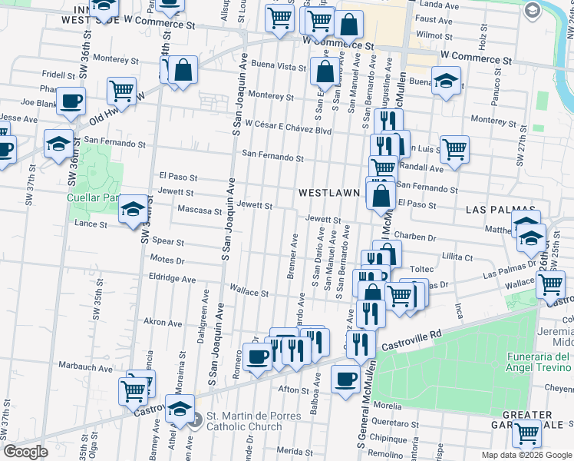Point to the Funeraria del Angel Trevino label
click(x=539, y=363)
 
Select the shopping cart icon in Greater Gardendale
click(x=526, y=434)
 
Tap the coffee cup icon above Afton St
click(x=345, y=378)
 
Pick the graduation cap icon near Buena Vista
click(x=445, y=81)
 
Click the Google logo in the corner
click(x=25, y=452)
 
